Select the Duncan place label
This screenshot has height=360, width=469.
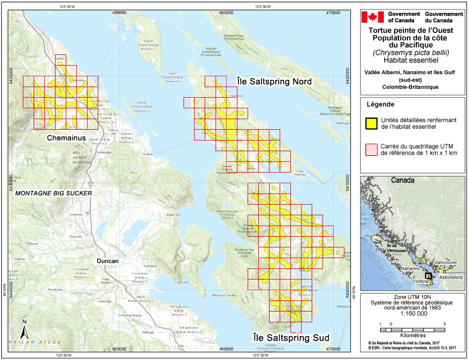tap(108, 261)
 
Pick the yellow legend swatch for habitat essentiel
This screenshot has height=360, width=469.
tap(372, 123)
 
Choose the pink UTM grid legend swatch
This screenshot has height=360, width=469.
tap(372, 147)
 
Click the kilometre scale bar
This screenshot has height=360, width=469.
tap(411, 329)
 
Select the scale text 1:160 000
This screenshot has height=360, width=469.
tap(413, 313)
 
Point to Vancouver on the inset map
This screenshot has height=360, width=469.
tap(445, 263)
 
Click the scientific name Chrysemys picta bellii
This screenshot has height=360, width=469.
tap(413, 53)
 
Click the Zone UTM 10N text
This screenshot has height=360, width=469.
tap(413, 297)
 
